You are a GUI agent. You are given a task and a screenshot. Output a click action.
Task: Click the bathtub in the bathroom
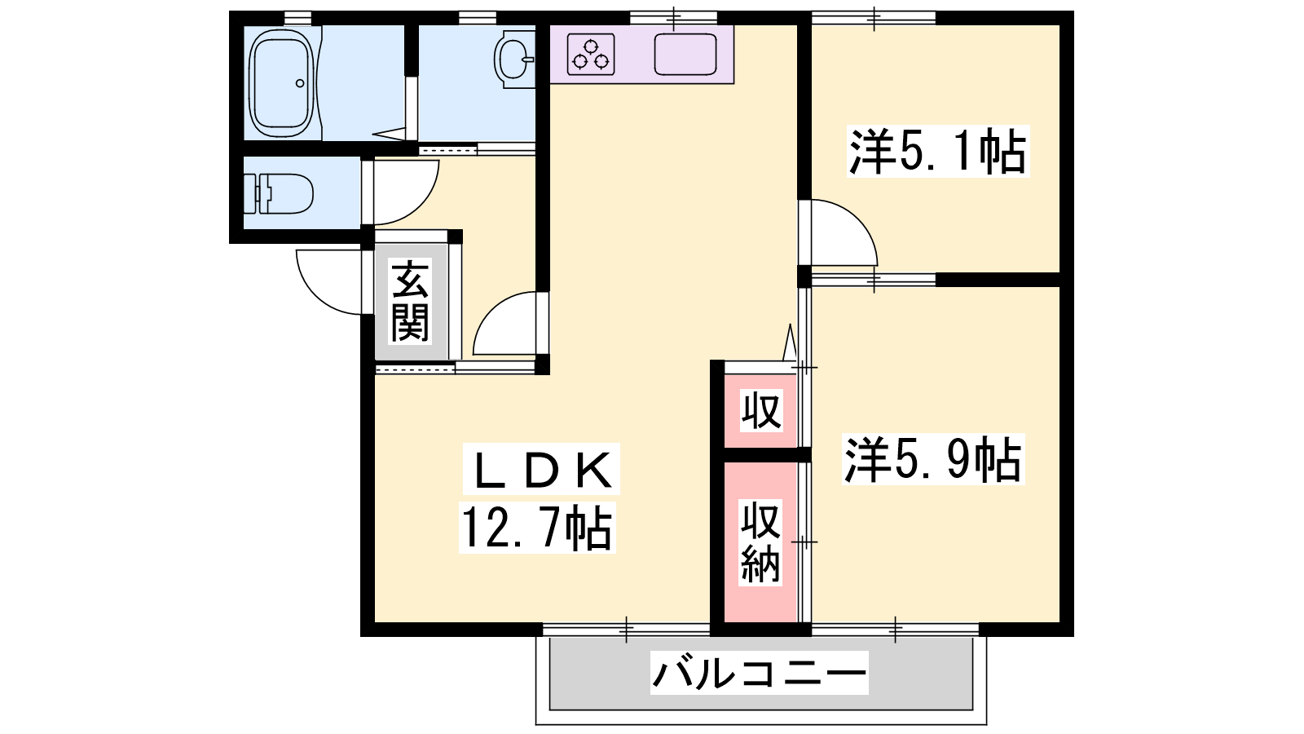pyautogui.click(x=283, y=83)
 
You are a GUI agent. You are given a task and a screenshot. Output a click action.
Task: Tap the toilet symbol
pyautogui.click(x=279, y=193)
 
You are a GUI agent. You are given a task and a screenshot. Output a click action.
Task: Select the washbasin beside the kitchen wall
pyautogui.click(x=515, y=60)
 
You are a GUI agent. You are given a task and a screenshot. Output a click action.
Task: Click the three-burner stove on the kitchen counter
pyautogui.click(x=591, y=54)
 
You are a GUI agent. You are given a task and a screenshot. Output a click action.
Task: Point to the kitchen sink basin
pyautogui.click(x=685, y=54)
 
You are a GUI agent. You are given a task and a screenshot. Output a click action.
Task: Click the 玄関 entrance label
pyautogui.click(x=411, y=302)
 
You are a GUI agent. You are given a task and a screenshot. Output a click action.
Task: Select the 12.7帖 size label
pyautogui.click(x=537, y=528)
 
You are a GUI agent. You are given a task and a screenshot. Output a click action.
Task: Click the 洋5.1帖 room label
pyautogui.click(x=938, y=152)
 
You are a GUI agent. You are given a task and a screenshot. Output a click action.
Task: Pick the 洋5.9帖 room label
pyautogui.click(x=933, y=460)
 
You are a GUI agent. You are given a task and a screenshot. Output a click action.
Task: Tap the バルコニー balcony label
pyautogui.click(x=759, y=673)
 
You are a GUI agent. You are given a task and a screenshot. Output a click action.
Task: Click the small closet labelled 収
pyautogui.click(x=760, y=411)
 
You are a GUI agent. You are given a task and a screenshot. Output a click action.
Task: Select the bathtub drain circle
pyautogui.click(x=300, y=83)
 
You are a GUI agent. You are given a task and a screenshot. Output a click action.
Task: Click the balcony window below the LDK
pyautogui.click(x=627, y=629)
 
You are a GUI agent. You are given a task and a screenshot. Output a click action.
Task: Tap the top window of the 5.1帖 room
pyautogui.click(x=874, y=17)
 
